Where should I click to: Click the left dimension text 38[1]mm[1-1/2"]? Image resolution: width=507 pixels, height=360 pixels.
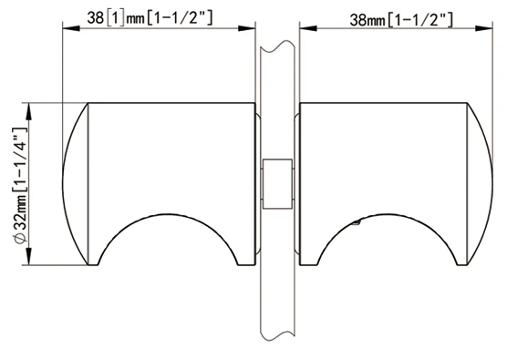point(150,18)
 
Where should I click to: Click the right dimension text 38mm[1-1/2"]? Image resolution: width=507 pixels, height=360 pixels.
point(401,20)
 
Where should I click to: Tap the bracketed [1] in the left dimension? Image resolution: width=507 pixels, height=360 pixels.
point(115,18)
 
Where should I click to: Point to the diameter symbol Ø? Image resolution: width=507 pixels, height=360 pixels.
point(20,239)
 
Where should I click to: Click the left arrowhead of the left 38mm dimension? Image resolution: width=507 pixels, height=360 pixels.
point(71,28)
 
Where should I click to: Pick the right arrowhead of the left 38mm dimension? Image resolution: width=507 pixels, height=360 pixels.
point(247,28)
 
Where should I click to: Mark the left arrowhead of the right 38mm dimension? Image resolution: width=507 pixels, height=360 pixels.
point(308,28)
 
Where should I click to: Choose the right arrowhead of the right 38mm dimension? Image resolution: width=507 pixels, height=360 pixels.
point(484,28)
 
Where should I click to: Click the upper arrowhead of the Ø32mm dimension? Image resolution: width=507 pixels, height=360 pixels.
point(29,112)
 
